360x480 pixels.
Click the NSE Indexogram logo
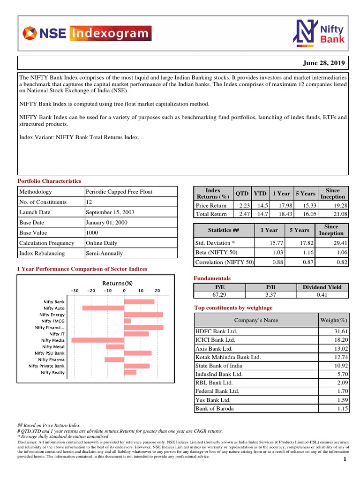[x=87, y=33]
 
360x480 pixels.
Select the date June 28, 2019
[x=323, y=63]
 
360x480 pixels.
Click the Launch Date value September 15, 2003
[x=110, y=212]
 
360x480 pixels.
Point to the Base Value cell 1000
[x=92, y=233]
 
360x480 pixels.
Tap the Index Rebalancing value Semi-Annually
[x=104, y=254]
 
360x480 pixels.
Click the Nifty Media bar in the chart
[x=98, y=340]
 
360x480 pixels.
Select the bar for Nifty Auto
[x=103, y=308]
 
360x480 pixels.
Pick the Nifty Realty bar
[x=130, y=372]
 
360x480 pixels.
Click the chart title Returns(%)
[x=118, y=283]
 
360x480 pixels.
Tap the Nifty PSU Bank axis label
[x=50, y=353]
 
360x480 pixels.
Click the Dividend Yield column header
[x=322, y=287]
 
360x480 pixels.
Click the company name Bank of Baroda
[x=215, y=409]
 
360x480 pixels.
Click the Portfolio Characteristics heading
[x=49, y=181]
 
